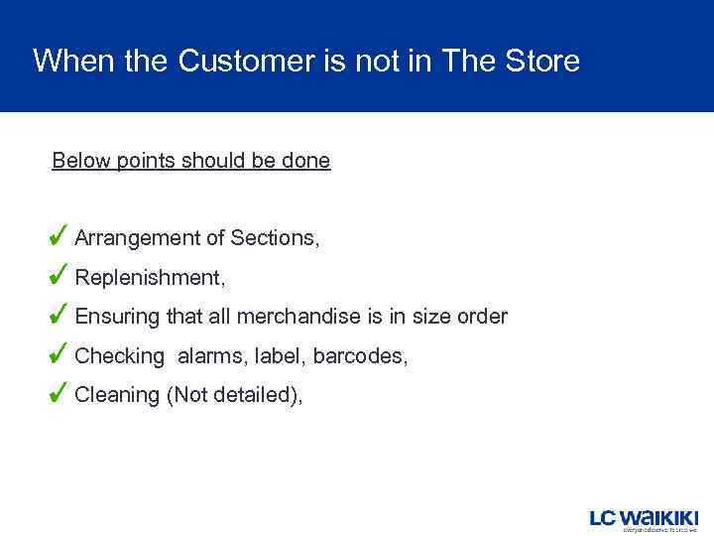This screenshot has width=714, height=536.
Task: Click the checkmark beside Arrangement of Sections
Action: pyautogui.click(x=59, y=235)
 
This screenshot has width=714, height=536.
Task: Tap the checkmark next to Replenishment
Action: pyautogui.click(x=59, y=274)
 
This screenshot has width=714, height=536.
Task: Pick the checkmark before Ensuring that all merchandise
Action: pyautogui.click(x=59, y=314)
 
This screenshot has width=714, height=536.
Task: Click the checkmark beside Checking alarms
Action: pyautogui.click(x=59, y=352)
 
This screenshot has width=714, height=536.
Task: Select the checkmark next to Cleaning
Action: pyautogui.click(x=59, y=392)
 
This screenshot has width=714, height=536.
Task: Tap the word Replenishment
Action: pyautogui.click(x=150, y=278)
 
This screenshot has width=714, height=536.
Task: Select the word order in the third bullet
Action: pyautogui.click(x=482, y=317)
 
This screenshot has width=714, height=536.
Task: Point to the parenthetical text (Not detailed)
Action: pyautogui.click(x=235, y=395)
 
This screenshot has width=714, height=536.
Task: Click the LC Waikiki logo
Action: pyautogui.click(x=645, y=520)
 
